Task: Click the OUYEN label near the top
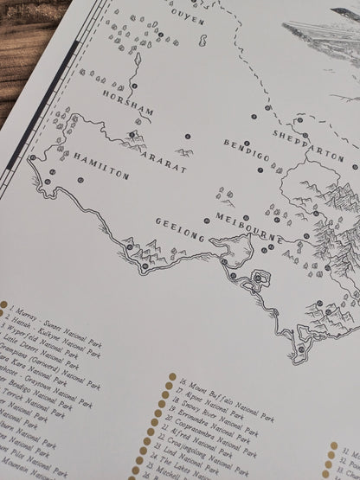tap(185, 15)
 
